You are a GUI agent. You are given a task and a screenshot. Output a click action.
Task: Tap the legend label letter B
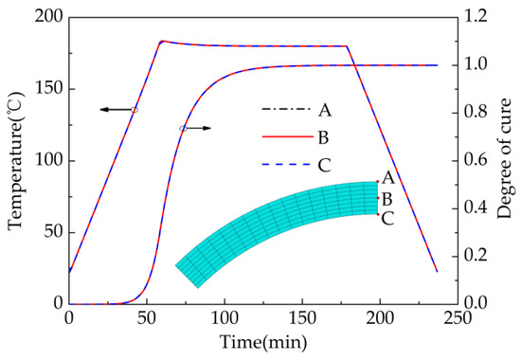click(x=324, y=136)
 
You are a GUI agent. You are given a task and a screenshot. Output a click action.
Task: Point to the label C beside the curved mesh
click(x=386, y=218)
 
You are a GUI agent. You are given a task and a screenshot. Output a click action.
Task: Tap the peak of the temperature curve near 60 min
click(x=161, y=41)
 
